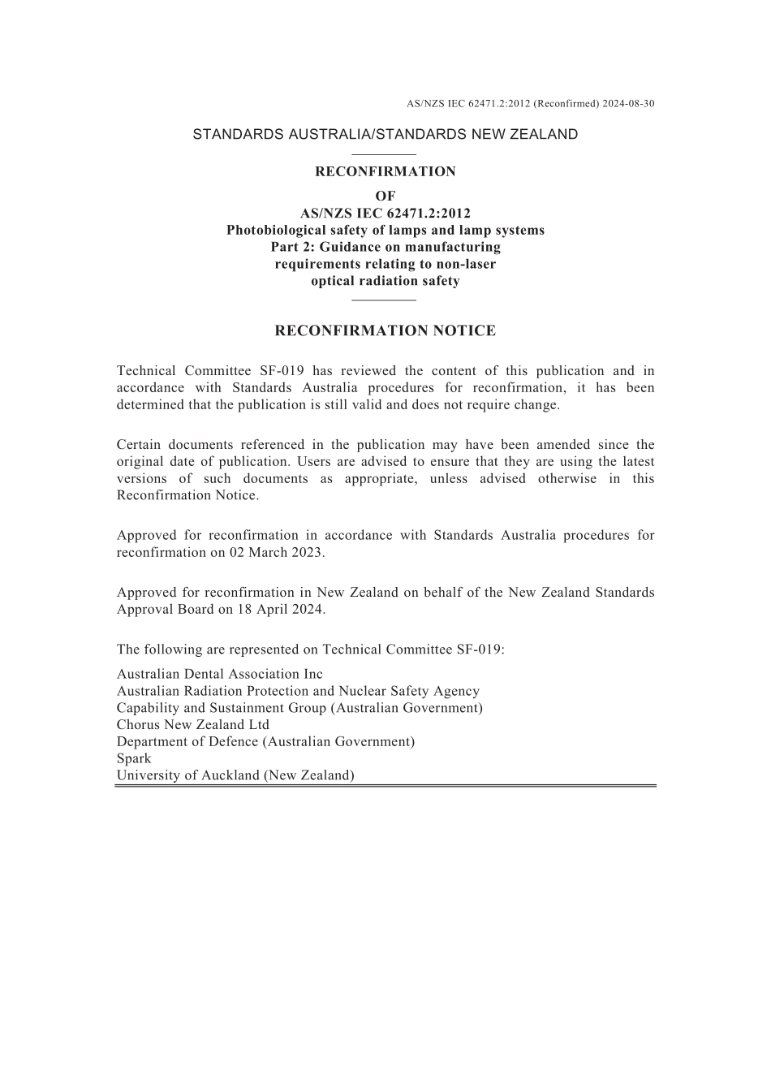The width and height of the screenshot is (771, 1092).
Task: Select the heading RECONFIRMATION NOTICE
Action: [385, 330]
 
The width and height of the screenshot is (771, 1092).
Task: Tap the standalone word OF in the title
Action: [385, 196]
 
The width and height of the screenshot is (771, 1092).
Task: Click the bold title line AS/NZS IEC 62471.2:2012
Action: [385, 213]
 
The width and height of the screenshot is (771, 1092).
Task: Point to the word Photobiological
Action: [274, 230]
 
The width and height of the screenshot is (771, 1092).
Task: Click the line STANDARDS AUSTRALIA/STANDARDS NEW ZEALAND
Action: [385, 135]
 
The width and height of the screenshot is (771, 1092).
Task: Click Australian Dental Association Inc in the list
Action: [219, 674]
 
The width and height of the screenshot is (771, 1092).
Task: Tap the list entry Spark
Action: [134, 758]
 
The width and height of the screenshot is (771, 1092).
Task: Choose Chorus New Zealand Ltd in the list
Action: [192, 724]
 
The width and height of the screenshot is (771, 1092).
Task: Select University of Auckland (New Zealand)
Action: [235, 775]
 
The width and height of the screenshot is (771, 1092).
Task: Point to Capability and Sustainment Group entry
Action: [299, 707]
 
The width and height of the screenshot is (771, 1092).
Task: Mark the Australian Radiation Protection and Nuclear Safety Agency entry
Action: [298, 691]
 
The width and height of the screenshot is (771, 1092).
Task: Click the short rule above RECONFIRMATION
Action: [385, 154]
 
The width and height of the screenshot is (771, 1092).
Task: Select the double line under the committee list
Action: [385, 786]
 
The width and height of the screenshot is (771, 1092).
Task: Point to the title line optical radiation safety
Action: [385, 281]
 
